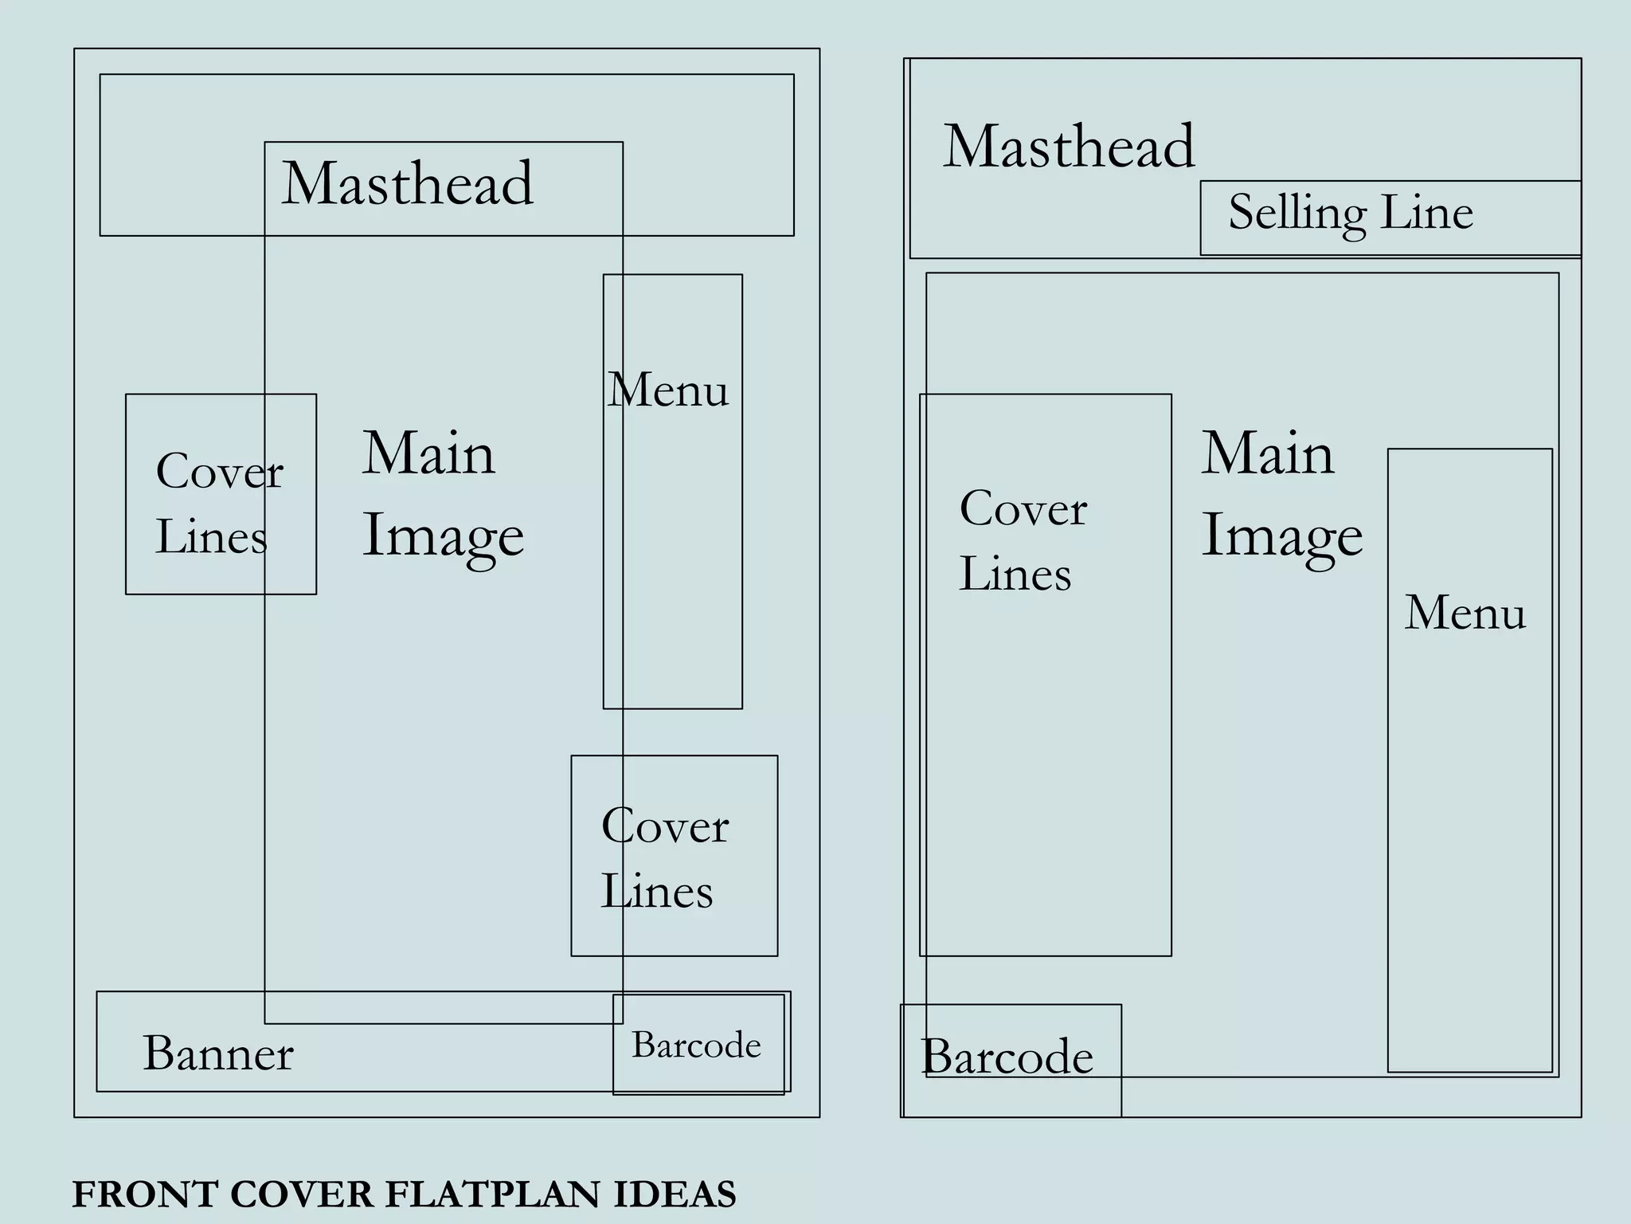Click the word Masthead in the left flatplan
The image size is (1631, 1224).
tap(407, 183)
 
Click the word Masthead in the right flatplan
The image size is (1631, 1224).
tap(1069, 147)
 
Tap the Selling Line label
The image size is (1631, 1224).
tap(1351, 213)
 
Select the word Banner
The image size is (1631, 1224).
tap(218, 1053)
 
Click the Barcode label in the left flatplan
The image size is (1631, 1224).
tap(696, 1045)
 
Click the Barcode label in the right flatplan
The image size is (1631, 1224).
tap(1007, 1057)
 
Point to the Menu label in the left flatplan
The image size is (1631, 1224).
tap(667, 390)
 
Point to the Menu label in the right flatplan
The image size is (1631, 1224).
tap(1465, 613)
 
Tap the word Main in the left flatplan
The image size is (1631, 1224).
tap(428, 453)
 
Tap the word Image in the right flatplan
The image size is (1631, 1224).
tap(1281, 535)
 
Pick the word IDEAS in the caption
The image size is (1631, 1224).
tap(675, 1195)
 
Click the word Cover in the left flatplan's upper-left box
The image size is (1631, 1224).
tap(220, 471)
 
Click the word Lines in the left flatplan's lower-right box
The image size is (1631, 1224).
tap(656, 891)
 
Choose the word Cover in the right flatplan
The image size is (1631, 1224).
tap(1023, 508)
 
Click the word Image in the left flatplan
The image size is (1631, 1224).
tap(443, 535)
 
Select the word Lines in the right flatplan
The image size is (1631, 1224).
tap(1015, 574)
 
